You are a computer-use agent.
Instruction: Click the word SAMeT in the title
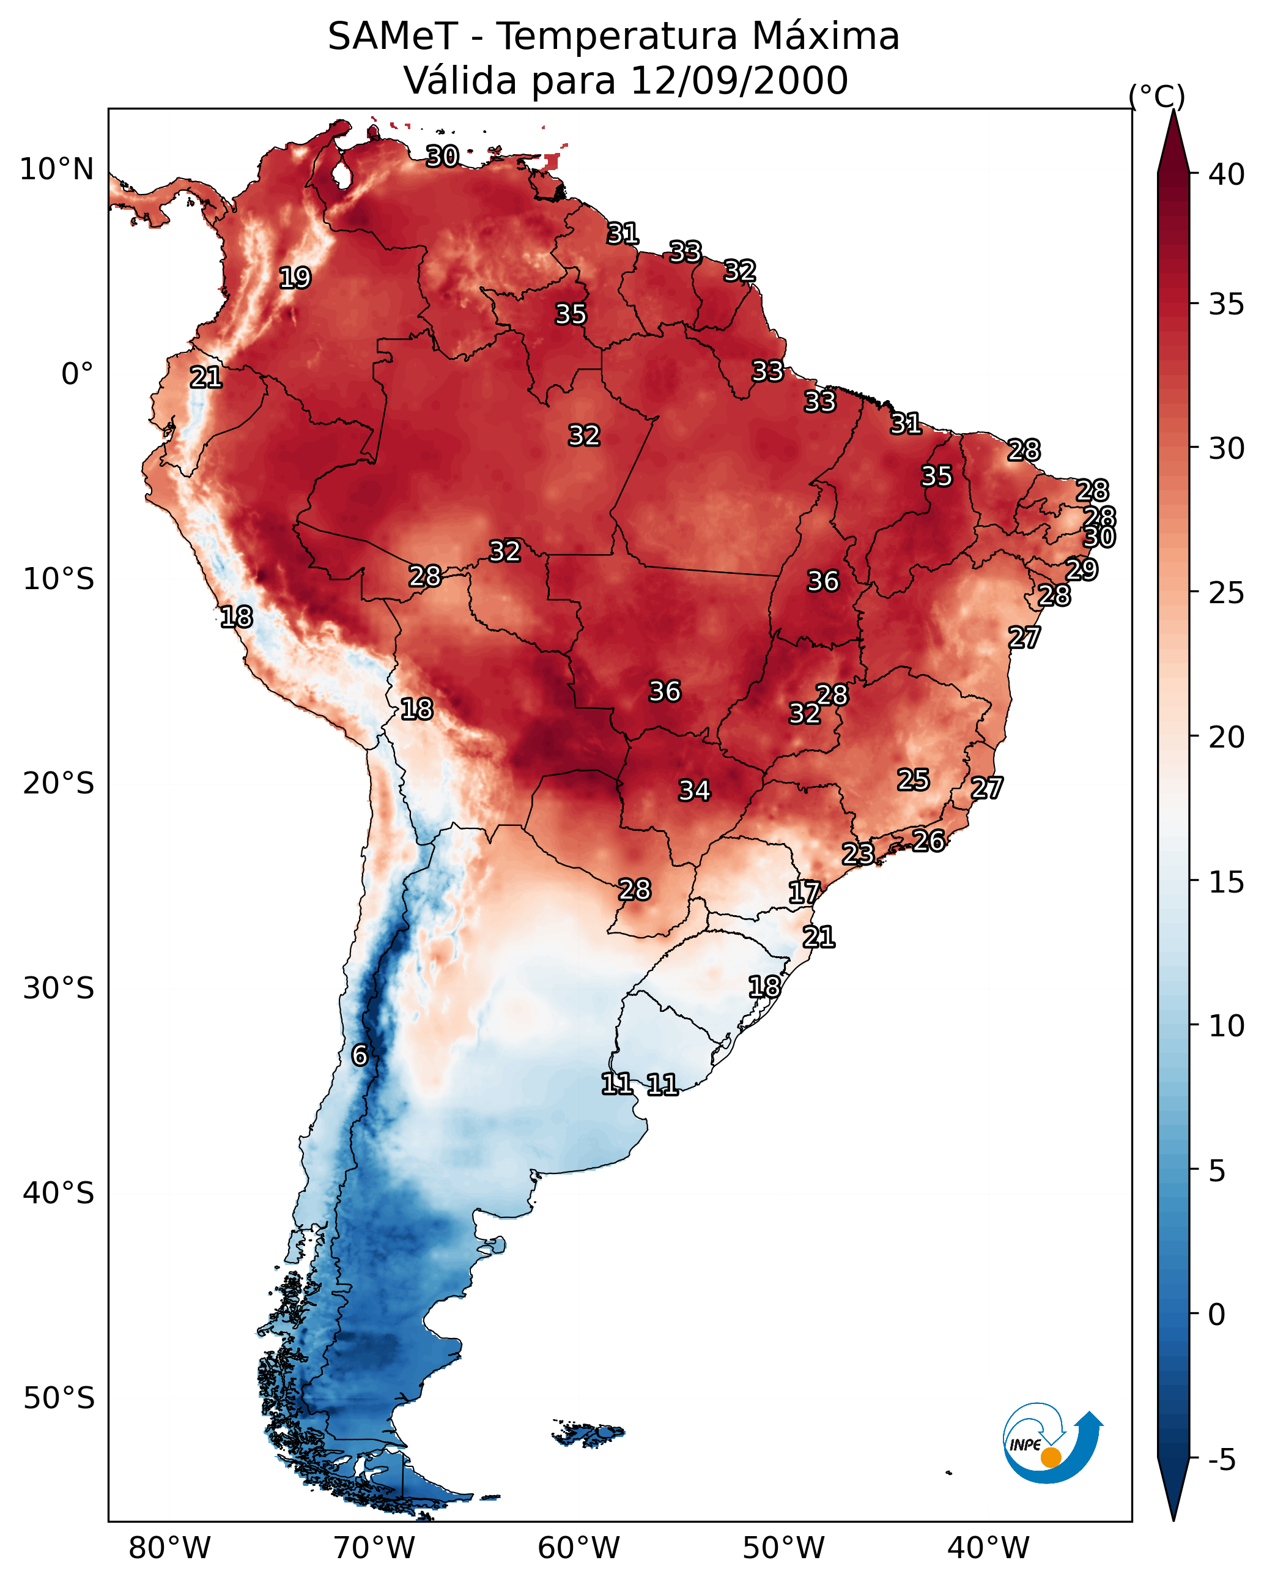(x=393, y=37)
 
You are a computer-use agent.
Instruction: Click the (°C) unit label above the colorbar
(x=1156, y=96)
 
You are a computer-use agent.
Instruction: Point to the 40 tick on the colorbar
(x=1227, y=174)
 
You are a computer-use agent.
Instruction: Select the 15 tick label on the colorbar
(x=1227, y=882)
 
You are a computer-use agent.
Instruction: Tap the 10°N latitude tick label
(x=56, y=169)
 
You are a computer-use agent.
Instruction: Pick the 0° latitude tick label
(x=77, y=374)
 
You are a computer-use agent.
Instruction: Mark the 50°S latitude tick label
(x=59, y=1398)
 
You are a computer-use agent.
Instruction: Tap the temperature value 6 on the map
(x=360, y=1055)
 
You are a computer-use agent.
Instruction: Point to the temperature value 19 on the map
(x=295, y=278)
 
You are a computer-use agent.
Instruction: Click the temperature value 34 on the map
(x=694, y=790)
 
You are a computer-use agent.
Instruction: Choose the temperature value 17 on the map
(x=804, y=893)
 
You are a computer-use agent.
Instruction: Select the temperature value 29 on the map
(x=1081, y=570)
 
